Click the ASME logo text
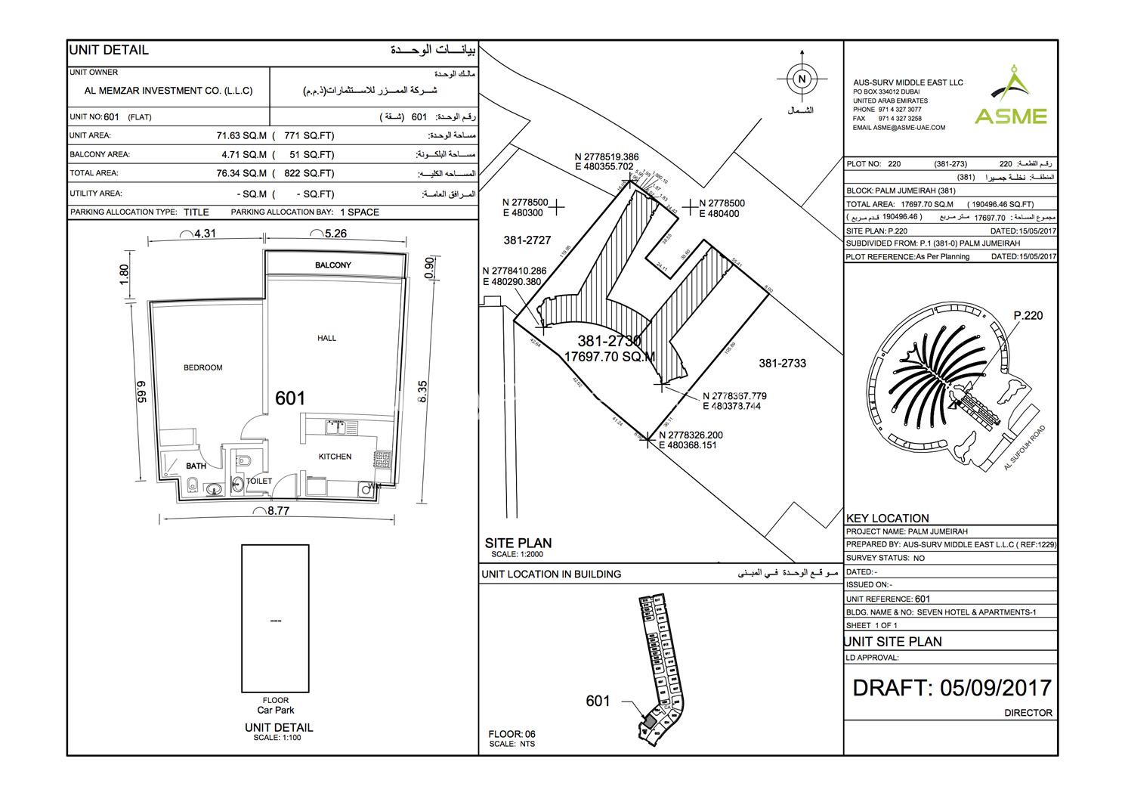coord(1010,116)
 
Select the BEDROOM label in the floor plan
coord(203,367)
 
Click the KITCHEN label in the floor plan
coord(335,457)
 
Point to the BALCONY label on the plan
coord(333,265)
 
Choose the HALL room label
coord(327,338)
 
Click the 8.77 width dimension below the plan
coord(278,511)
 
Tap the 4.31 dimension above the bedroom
coord(204,234)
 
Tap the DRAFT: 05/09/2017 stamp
coord(951,687)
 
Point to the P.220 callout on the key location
coord(1028,315)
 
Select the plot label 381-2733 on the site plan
coord(782,363)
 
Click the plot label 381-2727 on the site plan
coord(527,240)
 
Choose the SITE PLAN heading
coord(518,543)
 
